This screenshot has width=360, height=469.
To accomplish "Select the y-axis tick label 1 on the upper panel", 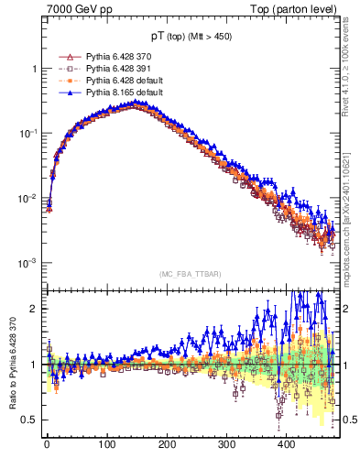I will (x=34, y=69).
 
